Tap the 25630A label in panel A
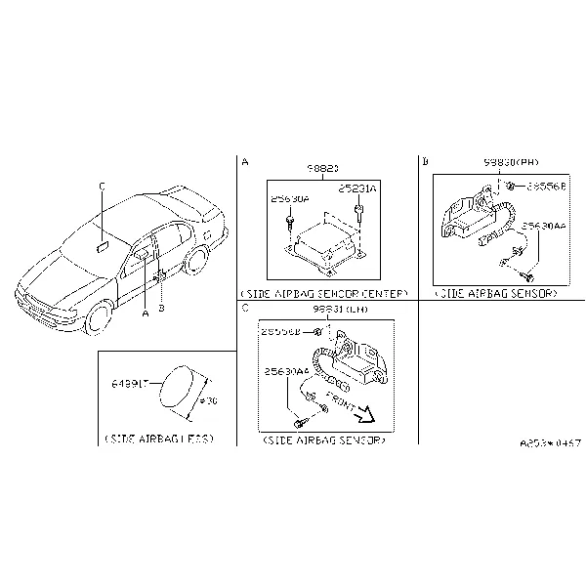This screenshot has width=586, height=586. (290, 198)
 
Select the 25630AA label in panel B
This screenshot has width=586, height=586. (542, 225)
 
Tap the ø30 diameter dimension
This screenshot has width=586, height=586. (207, 399)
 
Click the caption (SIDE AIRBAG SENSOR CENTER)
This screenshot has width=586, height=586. (322, 293)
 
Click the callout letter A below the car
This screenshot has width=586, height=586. (145, 314)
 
